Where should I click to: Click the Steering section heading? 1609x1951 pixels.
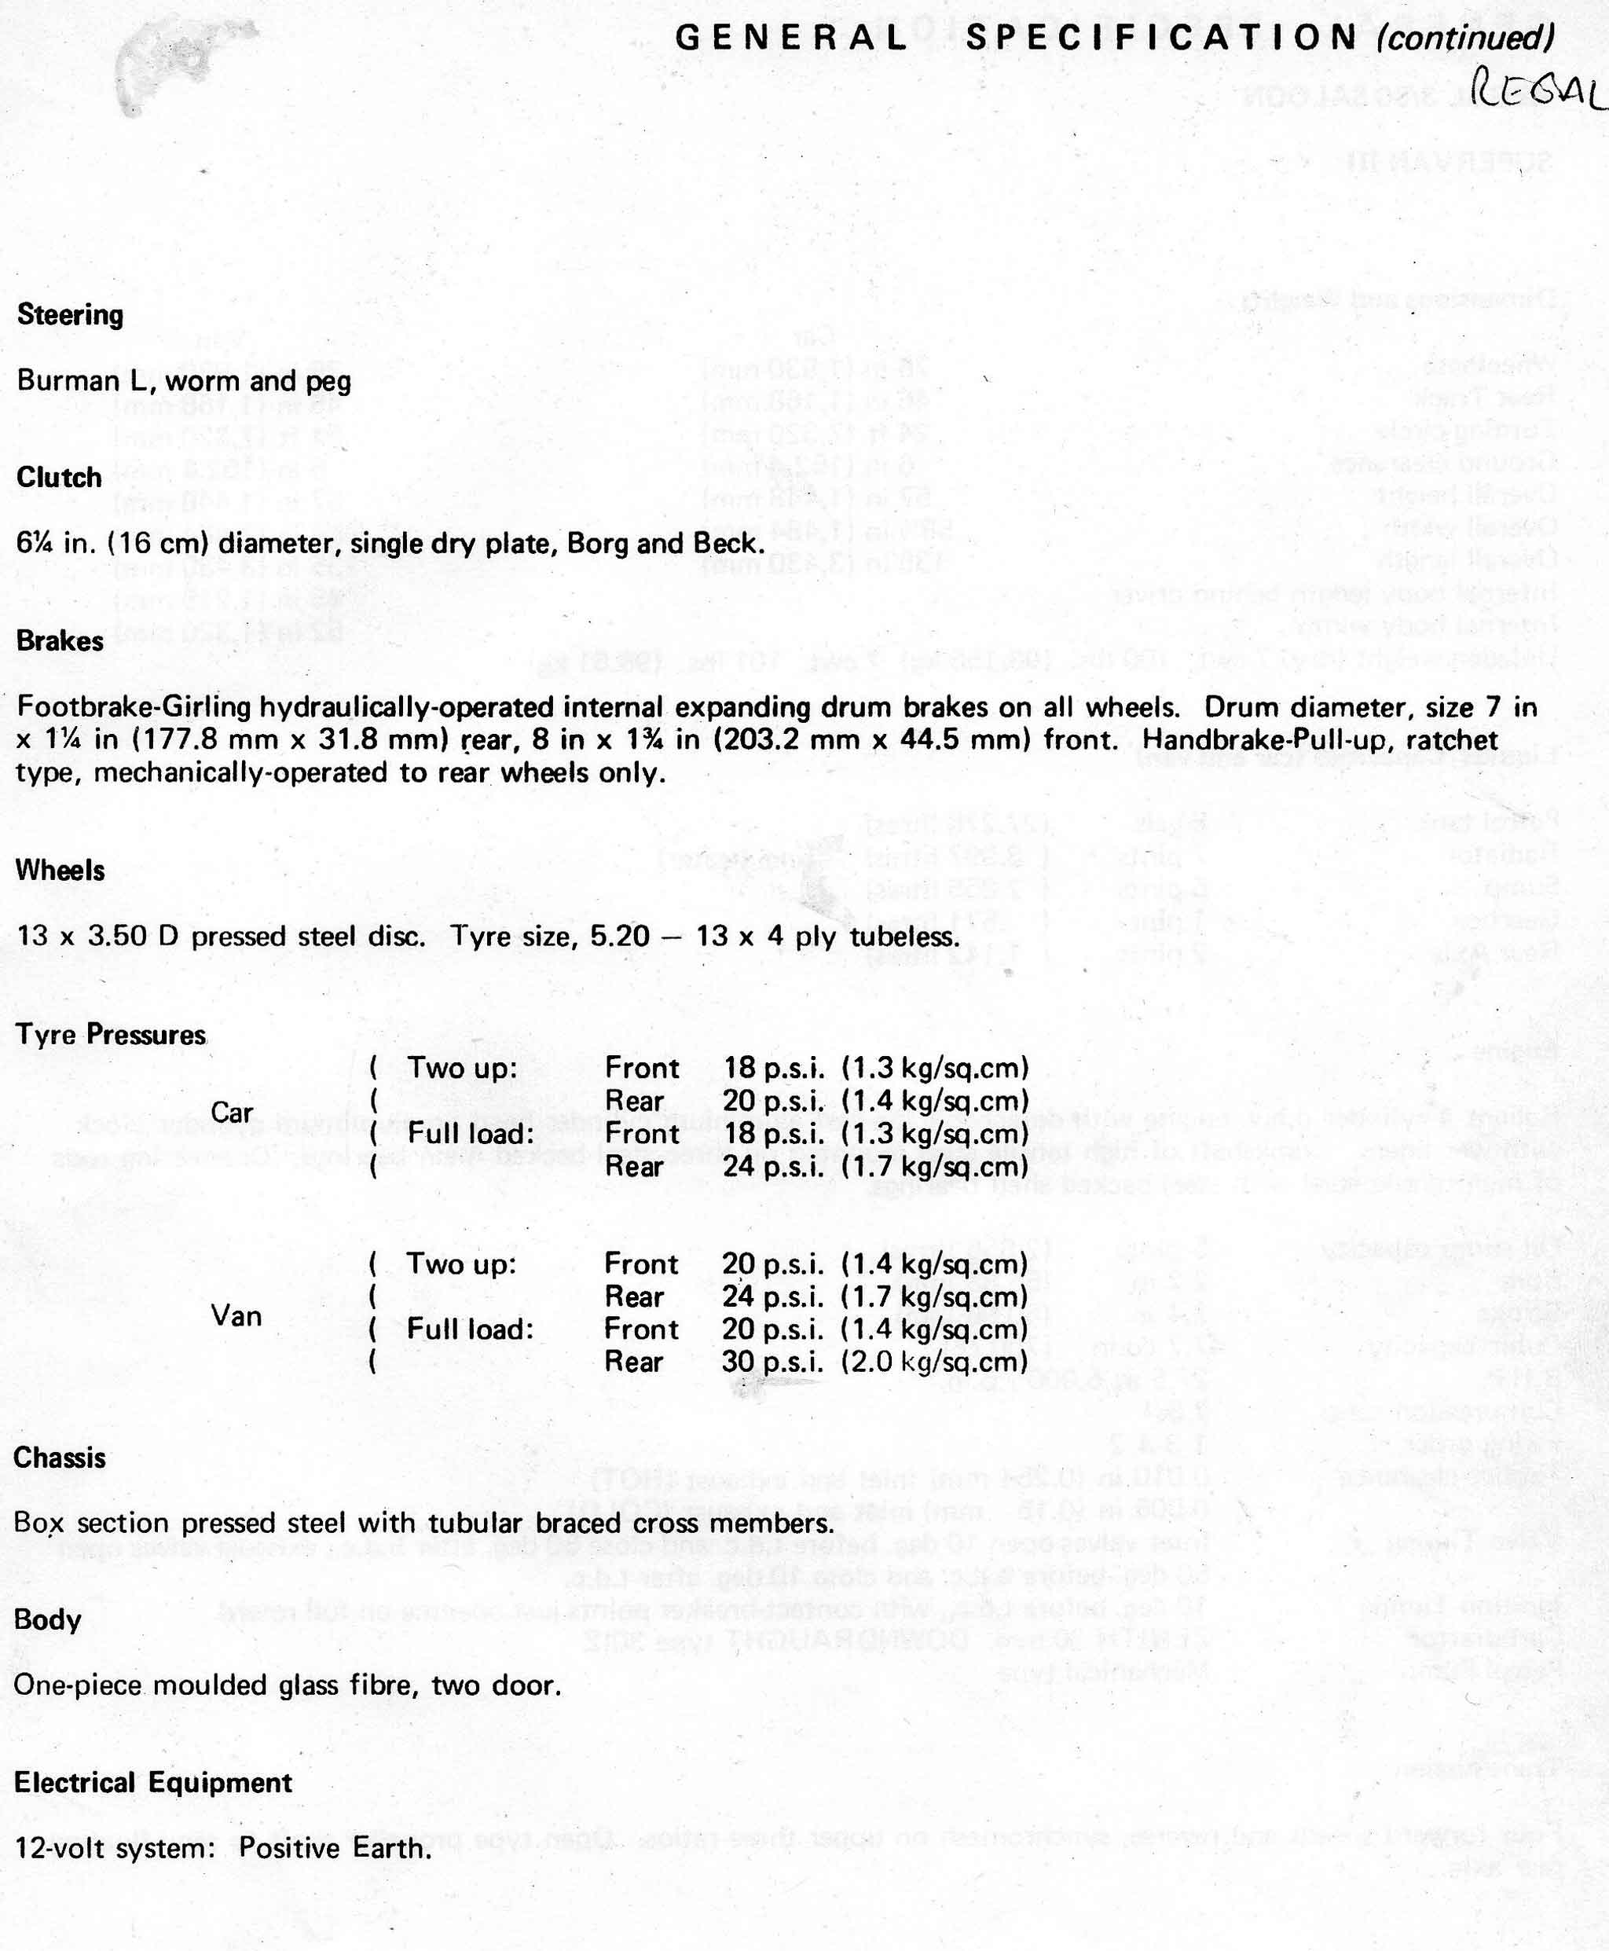(x=71, y=315)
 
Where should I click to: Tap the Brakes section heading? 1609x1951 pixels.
(x=60, y=640)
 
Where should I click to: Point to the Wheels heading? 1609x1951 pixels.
(x=60, y=871)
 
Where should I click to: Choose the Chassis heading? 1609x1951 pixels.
(x=60, y=1457)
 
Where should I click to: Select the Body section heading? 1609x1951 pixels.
(x=47, y=1620)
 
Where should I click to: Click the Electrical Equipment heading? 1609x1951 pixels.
(x=153, y=1782)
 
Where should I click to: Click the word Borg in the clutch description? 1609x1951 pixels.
(x=596, y=543)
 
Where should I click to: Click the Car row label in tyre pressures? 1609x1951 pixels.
(x=232, y=1112)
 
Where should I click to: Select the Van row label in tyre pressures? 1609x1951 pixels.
(x=236, y=1315)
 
